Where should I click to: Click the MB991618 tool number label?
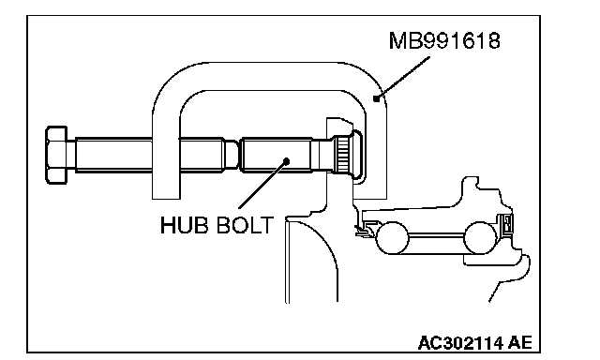coord(444,40)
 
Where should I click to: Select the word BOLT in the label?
coord(245,225)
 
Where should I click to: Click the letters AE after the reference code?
coord(520,342)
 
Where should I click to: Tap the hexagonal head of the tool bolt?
coord(56,155)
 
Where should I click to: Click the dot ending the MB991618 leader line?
coord(377,98)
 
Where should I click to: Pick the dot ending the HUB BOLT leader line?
coord(287,160)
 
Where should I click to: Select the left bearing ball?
coord(393,237)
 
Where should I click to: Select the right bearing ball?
coord(480,237)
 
